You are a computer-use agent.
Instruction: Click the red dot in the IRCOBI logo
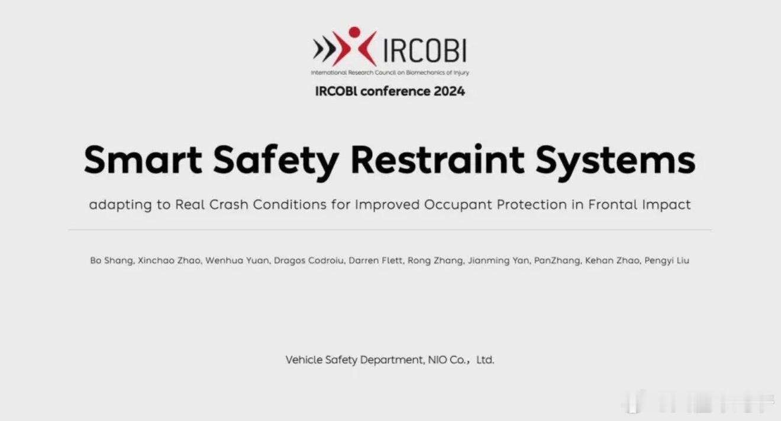354,32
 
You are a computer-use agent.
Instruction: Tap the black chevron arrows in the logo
325,49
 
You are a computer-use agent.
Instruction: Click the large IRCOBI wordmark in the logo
425,50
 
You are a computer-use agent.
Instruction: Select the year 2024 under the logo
449,91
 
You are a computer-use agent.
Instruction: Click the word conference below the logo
395,91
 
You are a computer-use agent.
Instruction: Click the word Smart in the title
143,159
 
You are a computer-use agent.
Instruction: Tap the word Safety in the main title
276,161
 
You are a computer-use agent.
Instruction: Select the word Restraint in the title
437,159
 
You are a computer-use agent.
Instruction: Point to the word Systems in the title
615,161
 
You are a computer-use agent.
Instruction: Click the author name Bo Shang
112,261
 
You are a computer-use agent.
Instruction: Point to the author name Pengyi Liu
667,261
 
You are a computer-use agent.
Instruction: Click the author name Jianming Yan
499,261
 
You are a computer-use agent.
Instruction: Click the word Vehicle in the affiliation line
304,360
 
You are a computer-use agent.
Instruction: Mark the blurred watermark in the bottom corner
698,402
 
